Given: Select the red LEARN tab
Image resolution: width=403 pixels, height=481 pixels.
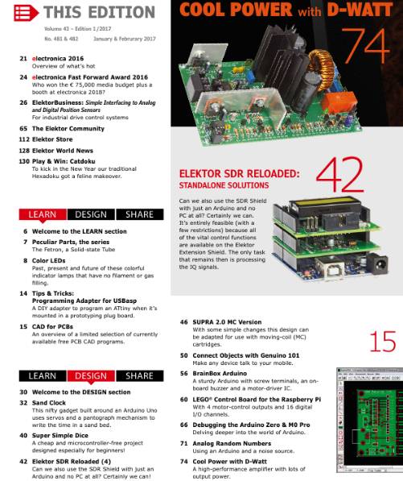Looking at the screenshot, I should [43, 215].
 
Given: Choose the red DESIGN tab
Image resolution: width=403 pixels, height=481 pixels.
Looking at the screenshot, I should [91, 375].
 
